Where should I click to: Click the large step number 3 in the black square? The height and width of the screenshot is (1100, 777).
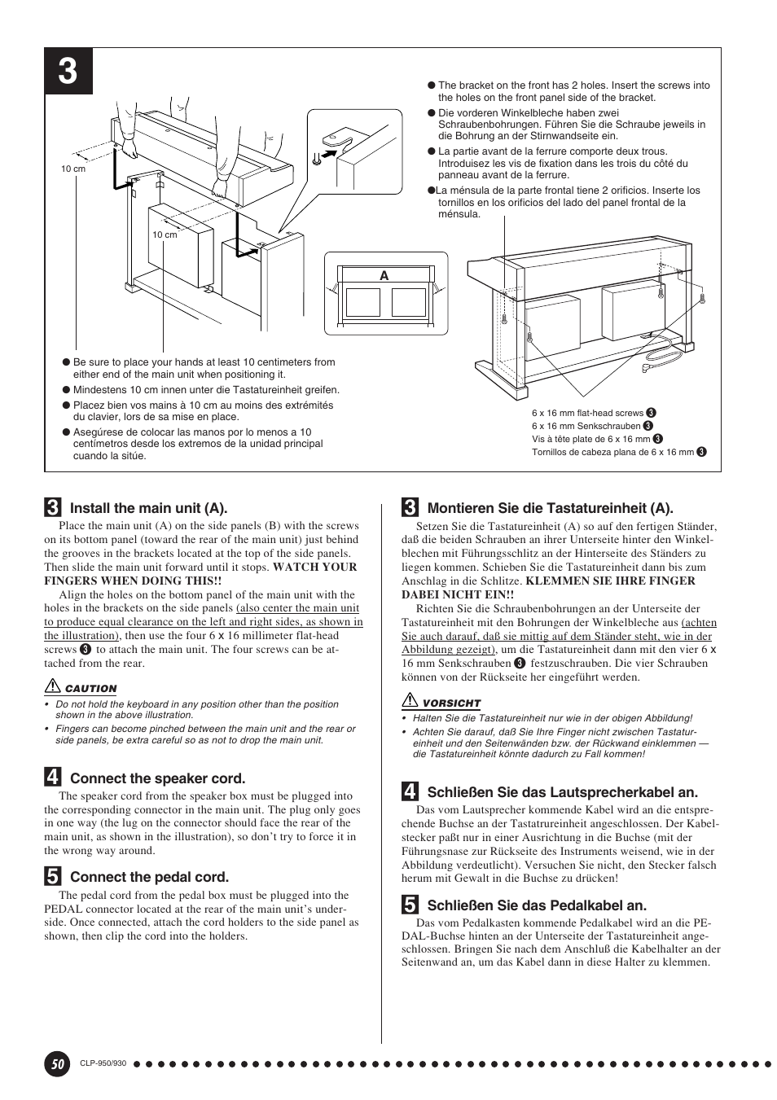(68, 72)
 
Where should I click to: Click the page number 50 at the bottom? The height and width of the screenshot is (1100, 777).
(56, 1063)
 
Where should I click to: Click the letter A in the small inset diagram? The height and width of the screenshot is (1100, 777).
(384, 276)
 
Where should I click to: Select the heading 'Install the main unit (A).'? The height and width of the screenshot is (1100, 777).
(148, 508)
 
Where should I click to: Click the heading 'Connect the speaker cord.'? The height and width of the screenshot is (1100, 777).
(157, 778)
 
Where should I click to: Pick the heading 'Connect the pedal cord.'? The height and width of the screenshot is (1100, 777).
(149, 877)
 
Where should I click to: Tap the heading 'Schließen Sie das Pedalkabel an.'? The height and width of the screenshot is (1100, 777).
(537, 905)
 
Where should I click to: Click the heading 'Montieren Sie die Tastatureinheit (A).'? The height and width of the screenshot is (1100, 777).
(550, 508)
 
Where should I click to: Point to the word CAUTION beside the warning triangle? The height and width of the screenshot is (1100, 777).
(91, 689)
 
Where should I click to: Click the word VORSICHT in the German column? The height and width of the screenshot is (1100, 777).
(451, 703)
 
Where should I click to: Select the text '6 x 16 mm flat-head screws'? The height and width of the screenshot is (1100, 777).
(587, 413)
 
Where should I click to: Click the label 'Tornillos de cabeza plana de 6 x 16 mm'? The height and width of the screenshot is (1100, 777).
(612, 452)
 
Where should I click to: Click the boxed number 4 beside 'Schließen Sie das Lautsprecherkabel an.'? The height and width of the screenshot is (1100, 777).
(410, 791)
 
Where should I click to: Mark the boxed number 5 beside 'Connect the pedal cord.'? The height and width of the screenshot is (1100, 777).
(52, 877)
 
